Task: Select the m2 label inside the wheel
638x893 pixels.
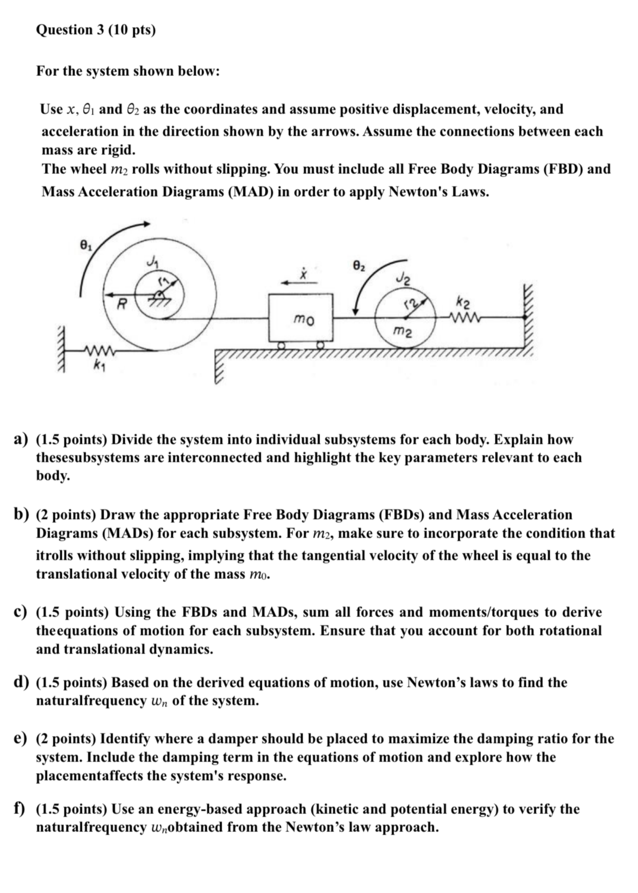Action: pyautogui.click(x=403, y=332)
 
